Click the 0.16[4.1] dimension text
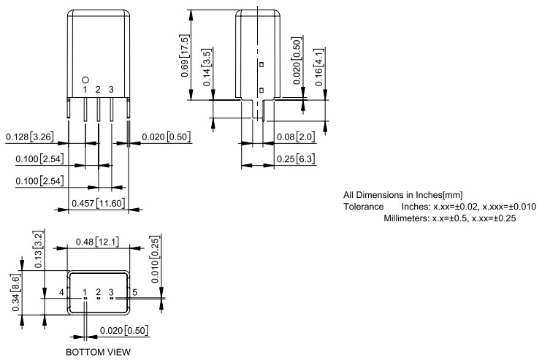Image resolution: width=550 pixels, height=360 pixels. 320,68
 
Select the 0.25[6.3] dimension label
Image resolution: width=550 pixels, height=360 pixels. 296,158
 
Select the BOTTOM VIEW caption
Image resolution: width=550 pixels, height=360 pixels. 98,351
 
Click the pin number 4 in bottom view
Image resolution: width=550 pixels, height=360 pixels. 62,292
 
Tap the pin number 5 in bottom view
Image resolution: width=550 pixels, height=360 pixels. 134,292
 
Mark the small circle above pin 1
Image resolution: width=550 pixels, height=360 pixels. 85,78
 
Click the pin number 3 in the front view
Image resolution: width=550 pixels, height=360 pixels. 111,89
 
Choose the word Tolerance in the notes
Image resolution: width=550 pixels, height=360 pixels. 363,207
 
